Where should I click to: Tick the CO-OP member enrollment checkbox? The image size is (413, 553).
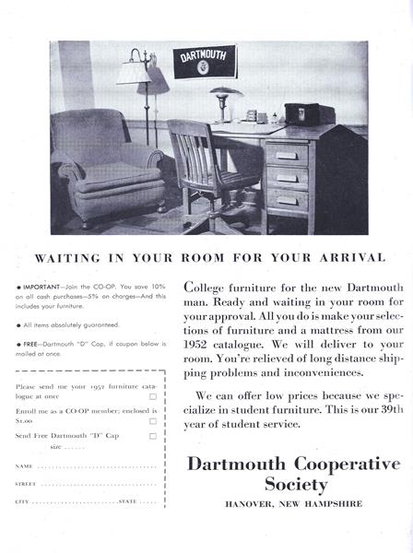pyautogui.click(x=153, y=420)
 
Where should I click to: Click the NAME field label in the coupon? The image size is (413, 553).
pyautogui.click(x=25, y=466)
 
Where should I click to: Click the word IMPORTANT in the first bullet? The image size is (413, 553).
pyautogui.click(x=41, y=287)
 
